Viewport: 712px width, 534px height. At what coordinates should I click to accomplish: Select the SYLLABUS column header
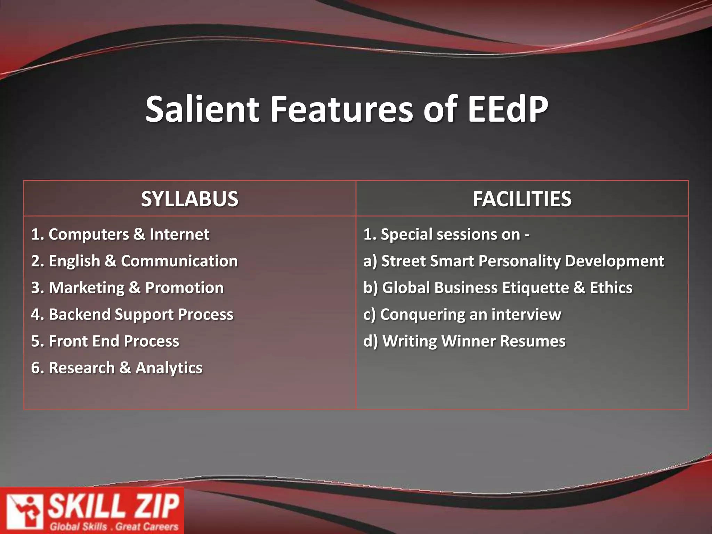[189, 199]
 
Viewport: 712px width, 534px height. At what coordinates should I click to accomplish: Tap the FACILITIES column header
[522, 199]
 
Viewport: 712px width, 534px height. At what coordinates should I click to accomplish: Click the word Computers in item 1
[89, 234]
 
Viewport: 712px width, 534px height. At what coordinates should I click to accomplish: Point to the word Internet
[179, 234]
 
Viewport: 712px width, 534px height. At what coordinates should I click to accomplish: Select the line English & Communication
[134, 261]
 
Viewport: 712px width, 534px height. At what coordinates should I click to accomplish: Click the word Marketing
[87, 288]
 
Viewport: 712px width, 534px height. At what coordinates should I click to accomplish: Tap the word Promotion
[184, 288]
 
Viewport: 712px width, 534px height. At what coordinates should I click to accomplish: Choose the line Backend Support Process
[132, 315]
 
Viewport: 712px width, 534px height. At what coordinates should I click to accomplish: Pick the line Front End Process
[105, 341]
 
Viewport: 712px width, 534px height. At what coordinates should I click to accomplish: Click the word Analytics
[169, 368]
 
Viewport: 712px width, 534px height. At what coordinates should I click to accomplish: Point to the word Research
[82, 368]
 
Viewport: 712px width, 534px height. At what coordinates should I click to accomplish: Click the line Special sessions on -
[446, 234]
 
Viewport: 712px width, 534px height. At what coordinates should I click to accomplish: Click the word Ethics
[611, 288]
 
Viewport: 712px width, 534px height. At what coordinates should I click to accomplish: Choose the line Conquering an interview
[462, 315]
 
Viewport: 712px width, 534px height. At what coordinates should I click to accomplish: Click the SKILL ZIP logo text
[113, 506]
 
